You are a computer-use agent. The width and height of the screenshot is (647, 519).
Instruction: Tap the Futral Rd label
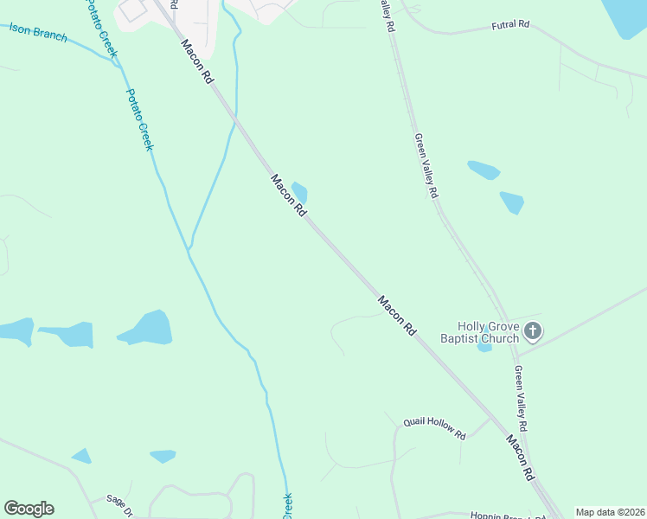tap(509, 25)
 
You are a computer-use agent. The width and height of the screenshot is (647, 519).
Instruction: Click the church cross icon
tap(533, 330)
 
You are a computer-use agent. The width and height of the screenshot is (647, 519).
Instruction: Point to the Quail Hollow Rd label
tap(434, 427)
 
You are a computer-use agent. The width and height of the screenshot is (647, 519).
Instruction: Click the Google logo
tap(29, 509)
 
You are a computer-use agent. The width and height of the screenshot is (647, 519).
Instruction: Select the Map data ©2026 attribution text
tap(610, 512)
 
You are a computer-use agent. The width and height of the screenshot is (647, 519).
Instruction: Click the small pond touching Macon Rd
tap(300, 192)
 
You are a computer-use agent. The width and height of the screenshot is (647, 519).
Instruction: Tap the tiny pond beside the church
tap(484, 347)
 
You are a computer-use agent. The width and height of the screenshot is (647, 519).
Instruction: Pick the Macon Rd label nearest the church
tap(397, 316)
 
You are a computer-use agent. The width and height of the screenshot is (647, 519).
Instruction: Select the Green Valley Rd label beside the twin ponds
tap(426, 166)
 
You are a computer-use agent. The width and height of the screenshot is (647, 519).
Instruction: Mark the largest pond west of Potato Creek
tap(147, 329)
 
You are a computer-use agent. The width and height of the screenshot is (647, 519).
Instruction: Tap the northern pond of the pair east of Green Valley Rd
tap(484, 170)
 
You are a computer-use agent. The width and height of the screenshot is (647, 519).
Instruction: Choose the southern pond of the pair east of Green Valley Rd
tap(512, 202)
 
